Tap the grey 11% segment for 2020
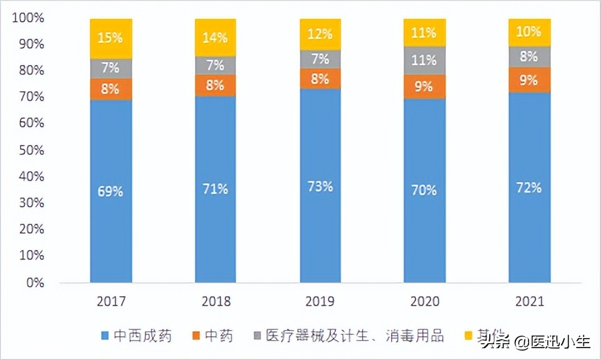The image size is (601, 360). [424, 61]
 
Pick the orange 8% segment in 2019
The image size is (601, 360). [320, 78]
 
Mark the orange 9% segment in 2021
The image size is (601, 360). [529, 79]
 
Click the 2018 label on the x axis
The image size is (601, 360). [216, 302]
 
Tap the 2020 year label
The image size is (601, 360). [424, 302]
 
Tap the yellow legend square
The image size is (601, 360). [466, 336]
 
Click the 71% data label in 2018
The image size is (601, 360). [216, 189]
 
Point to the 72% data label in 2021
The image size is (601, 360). [529, 187]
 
